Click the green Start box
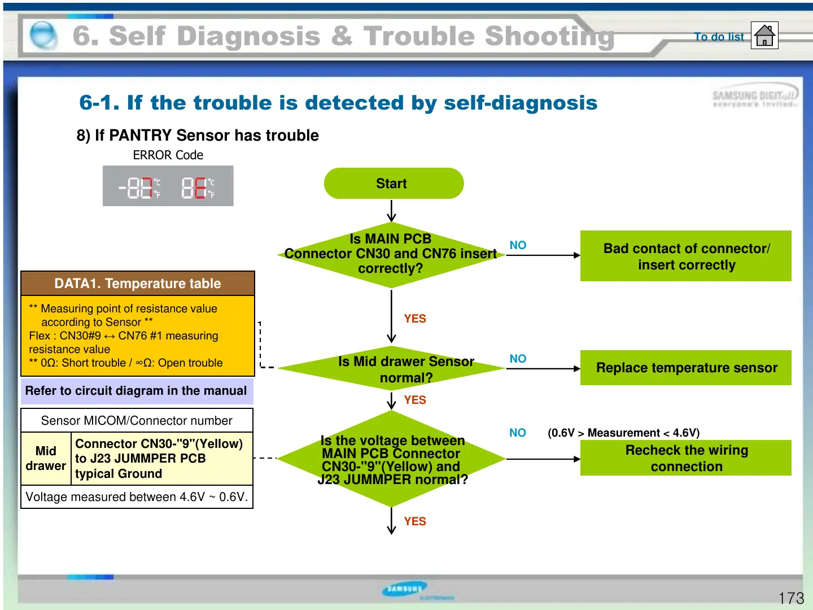tap(394, 184)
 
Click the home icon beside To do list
tap(764, 36)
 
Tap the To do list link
tap(719, 37)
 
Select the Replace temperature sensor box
tap(686, 368)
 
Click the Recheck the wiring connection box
tap(686, 458)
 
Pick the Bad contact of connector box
tap(686, 256)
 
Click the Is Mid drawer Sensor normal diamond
tap(392, 369)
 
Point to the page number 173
tap(791, 598)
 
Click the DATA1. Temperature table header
tap(138, 284)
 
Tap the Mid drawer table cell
tap(46, 458)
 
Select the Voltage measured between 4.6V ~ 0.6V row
tap(137, 497)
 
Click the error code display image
tap(168, 186)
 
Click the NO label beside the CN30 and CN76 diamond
tap(518, 245)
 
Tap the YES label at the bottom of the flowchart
tap(415, 521)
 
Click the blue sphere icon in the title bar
tap(43, 36)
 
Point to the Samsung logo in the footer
tap(404, 589)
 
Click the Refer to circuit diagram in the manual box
tap(136, 391)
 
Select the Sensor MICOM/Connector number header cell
tap(137, 421)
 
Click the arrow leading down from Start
tap(392, 211)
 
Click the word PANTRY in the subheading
tap(140, 136)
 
